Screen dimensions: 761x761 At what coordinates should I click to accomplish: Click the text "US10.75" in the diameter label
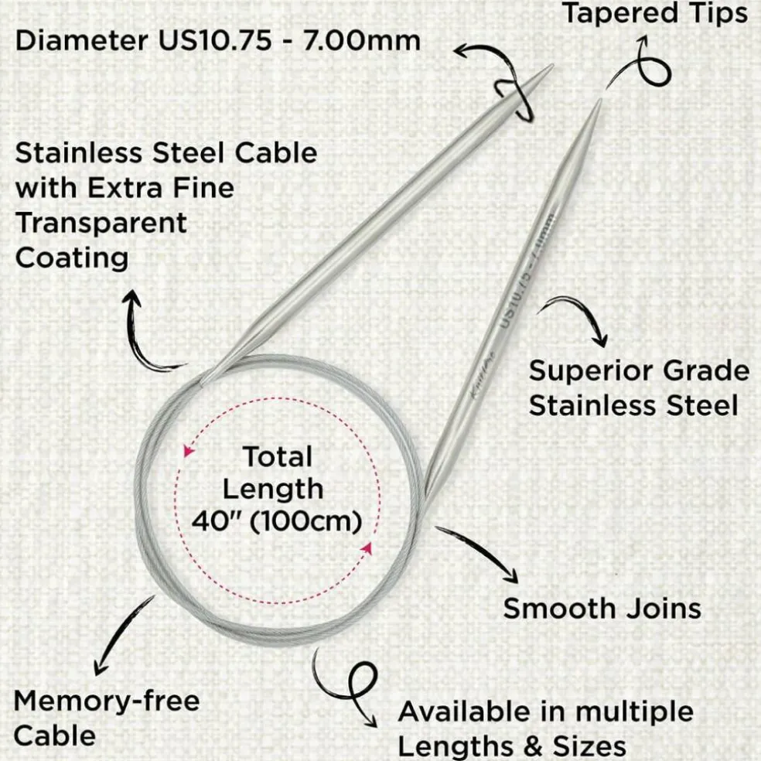point(215,41)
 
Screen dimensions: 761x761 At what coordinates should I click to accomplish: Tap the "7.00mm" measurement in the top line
point(362,41)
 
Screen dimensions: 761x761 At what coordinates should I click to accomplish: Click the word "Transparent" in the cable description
point(101,223)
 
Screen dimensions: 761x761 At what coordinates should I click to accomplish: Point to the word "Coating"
point(72,258)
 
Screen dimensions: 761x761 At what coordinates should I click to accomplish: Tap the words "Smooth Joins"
point(602,609)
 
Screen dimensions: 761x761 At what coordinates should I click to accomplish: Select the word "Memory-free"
point(107,701)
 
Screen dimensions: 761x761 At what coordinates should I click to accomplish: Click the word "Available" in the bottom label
point(482,712)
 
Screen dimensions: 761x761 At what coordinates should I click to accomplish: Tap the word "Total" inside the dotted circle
point(278,457)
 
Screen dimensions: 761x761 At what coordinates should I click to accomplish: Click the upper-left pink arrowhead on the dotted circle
point(188,451)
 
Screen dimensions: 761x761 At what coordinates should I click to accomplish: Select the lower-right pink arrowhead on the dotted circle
point(367,549)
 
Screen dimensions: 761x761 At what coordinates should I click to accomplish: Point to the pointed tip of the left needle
point(553,65)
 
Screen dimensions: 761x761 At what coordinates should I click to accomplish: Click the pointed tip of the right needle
point(601,100)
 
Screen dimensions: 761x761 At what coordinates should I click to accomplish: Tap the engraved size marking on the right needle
point(527,271)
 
